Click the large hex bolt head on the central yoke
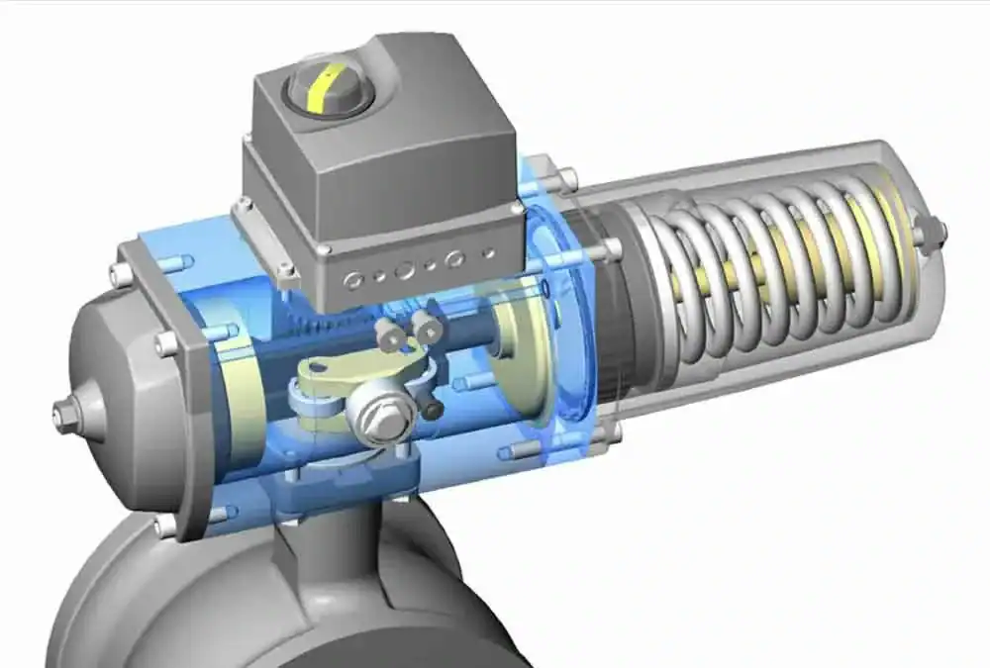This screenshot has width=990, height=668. click(x=379, y=407)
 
